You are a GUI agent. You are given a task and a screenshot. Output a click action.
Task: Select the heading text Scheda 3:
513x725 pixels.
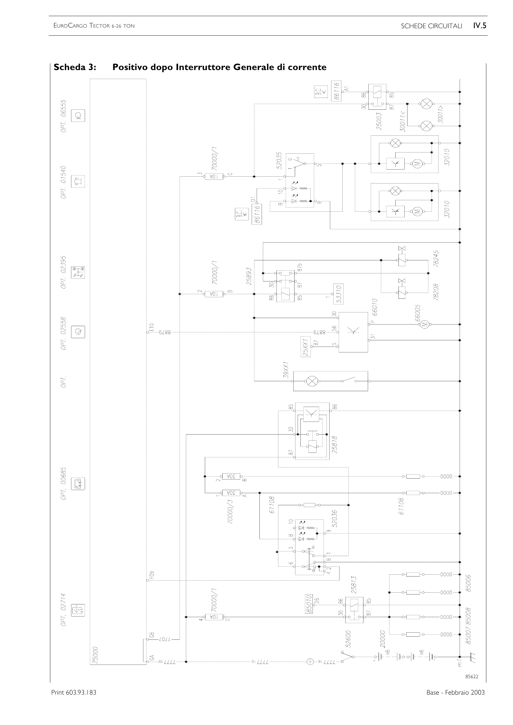tap(75, 67)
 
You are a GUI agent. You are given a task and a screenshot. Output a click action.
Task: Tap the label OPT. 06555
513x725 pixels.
tap(64, 116)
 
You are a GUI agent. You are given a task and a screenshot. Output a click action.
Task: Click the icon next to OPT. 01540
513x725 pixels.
tap(78, 181)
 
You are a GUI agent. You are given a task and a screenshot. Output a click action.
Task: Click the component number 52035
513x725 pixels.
tap(279, 161)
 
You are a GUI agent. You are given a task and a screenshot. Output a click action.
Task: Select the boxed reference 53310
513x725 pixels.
tap(338, 294)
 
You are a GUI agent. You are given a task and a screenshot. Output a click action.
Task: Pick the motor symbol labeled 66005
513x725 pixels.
tap(425, 323)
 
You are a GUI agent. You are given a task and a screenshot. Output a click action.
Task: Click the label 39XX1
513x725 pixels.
tap(286, 370)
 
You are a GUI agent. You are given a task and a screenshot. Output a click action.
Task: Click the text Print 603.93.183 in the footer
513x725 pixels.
tap(74, 692)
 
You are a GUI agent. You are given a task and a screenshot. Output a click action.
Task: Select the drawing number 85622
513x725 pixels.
tap(472, 677)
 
